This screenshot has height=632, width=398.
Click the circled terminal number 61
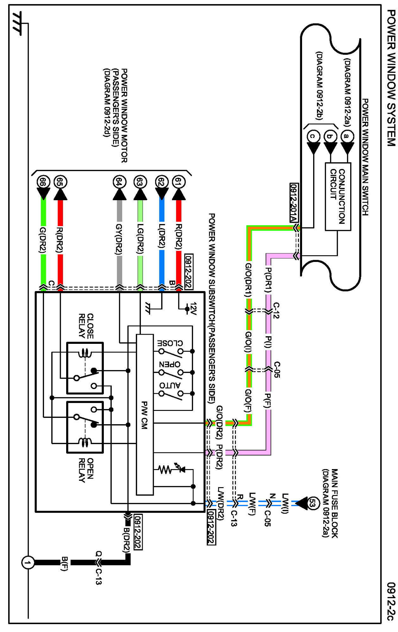coord(179,182)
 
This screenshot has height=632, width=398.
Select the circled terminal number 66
coord(43,182)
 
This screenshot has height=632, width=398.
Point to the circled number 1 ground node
coord(28,563)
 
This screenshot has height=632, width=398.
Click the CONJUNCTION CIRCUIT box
coord(338,196)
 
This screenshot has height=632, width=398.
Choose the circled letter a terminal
coord(347,136)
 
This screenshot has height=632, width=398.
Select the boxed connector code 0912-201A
coord(294,202)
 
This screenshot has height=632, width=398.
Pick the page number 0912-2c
coord(391,601)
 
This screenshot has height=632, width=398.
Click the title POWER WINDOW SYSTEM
coord(391,77)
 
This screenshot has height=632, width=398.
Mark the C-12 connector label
coord(276,310)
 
